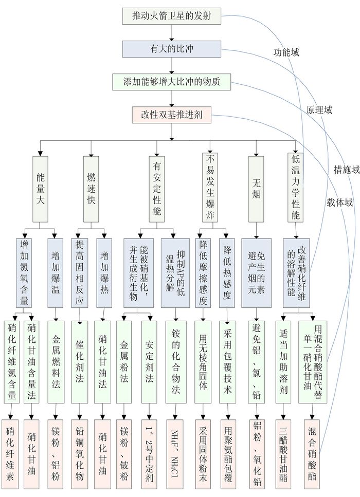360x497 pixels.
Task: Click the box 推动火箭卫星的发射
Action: click(172, 16)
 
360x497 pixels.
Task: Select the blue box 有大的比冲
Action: click(172, 49)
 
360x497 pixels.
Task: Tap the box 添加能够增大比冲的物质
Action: click(172, 82)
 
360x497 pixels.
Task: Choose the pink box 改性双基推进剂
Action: click(172, 115)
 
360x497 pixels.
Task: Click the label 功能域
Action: click(286, 52)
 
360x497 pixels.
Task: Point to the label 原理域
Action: click(319, 110)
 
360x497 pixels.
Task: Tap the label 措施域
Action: click(347, 170)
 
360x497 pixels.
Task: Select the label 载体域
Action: click(340, 202)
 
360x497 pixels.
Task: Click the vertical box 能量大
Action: click(40, 189)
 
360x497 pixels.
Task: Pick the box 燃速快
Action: click(91, 189)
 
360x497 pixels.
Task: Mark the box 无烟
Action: click(256, 189)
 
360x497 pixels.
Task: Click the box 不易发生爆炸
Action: click(210, 187)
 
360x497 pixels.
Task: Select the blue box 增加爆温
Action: click(55, 273)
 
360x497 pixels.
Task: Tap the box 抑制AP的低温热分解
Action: click(175, 273)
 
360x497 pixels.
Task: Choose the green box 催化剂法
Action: click(79, 362)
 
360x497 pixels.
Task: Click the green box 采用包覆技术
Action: click(227, 362)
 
